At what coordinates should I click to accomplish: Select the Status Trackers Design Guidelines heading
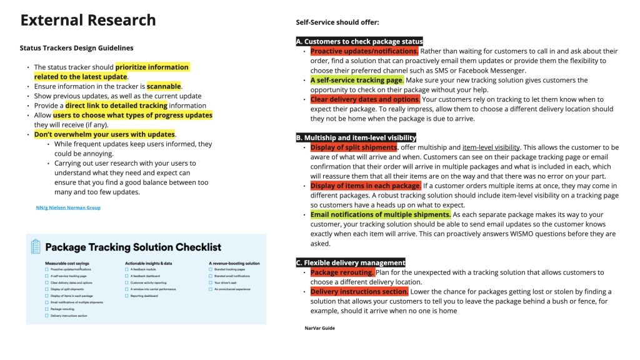[x=76, y=47]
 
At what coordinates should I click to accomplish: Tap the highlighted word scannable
[x=164, y=86]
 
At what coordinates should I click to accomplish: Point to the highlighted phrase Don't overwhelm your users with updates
[x=104, y=134]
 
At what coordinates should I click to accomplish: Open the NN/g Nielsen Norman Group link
[x=68, y=207]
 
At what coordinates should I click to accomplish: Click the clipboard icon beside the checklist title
[x=36, y=247]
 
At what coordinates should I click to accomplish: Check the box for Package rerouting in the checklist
[x=46, y=309]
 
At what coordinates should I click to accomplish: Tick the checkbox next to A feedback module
[x=127, y=269]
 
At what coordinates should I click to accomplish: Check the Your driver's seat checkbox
[x=211, y=282]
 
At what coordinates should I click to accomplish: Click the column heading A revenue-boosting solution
[x=234, y=263]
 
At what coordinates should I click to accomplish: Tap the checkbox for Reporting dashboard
[x=127, y=296]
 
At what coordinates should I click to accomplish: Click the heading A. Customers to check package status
[x=359, y=41]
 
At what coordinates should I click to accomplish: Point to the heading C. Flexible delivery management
[x=351, y=262]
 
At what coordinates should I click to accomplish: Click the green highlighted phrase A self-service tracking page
[x=357, y=80]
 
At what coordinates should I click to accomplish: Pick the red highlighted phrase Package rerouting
[x=342, y=272]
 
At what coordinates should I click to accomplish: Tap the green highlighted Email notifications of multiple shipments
[x=380, y=214]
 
